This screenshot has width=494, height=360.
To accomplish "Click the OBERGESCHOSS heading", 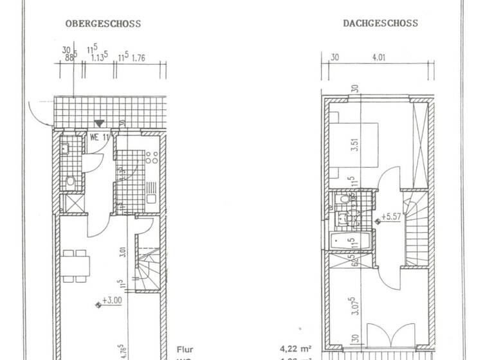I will (x=102, y=24).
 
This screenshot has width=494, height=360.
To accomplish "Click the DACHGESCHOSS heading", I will (x=380, y=24).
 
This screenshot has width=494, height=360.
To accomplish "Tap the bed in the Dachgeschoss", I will (x=356, y=145).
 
